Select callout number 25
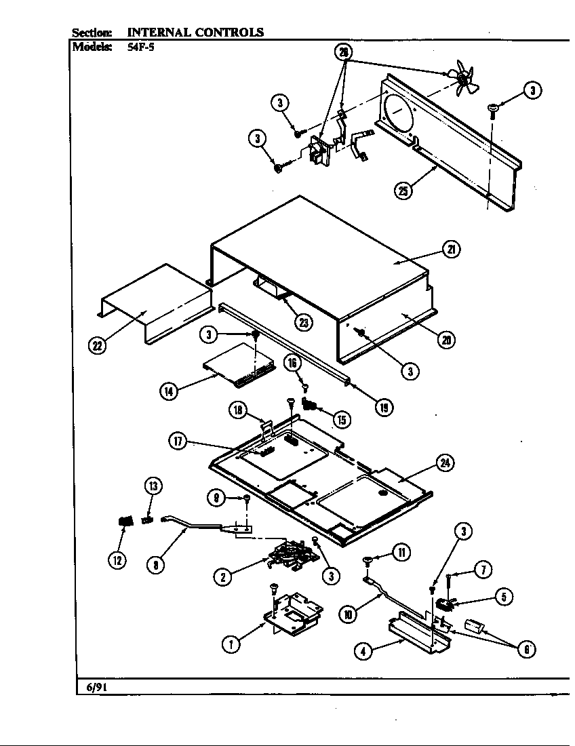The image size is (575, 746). pyautogui.click(x=403, y=191)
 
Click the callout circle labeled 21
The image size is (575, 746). pyautogui.click(x=451, y=250)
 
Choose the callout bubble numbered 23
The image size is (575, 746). pyautogui.click(x=304, y=323)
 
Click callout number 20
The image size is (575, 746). pyautogui.click(x=445, y=340)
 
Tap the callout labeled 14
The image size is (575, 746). pyautogui.click(x=167, y=391)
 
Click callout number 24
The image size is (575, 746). pyautogui.click(x=445, y=463)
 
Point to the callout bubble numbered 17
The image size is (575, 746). pyautogui.click(x=178, y=441)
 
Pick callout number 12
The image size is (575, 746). pyautogui.click(x=118, y=560)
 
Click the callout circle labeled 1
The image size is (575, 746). pyautogui.click(x=232, y=644)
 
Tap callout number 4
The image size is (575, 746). pyautogui.click(x=365, y=651)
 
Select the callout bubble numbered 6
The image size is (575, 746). pyautogui.click(x=526, y=649)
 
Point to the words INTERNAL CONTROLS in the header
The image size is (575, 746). pyautogui.click(x=195, y=32)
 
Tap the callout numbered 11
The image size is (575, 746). pyautogui.click(x=401, y=553)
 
